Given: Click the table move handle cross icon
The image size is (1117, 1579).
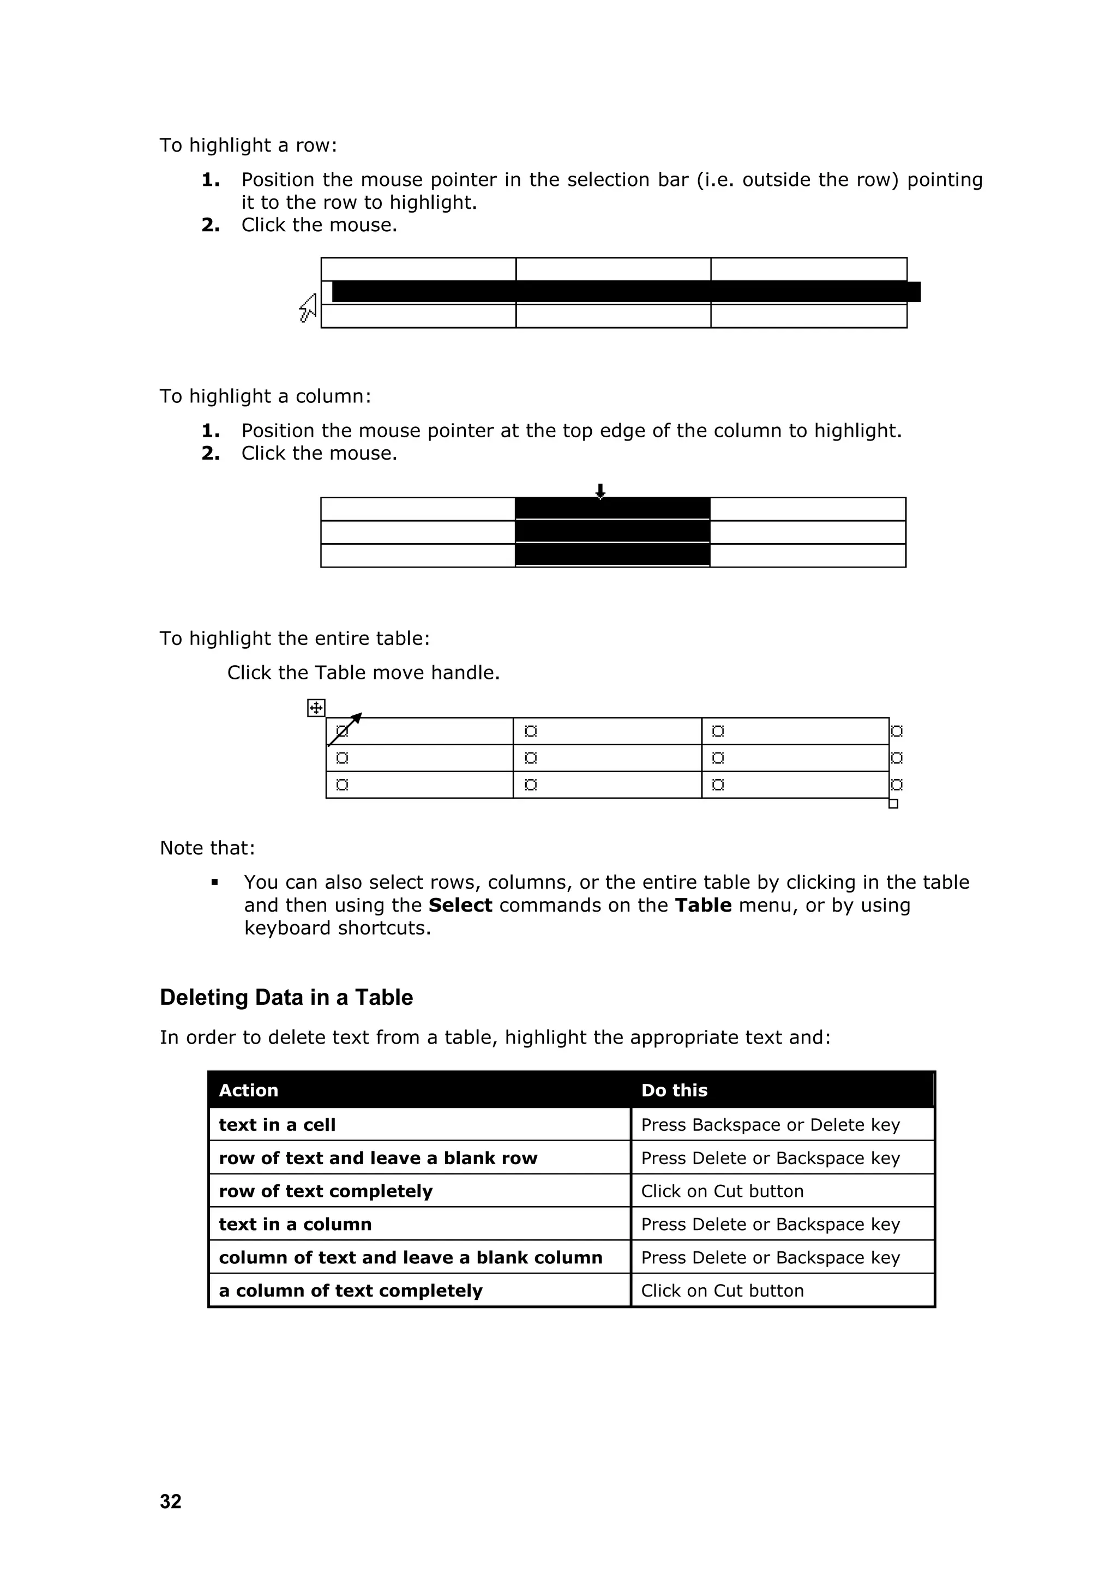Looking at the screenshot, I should (x=316, y=708).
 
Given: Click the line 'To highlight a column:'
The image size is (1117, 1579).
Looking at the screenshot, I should (x=265, y=396).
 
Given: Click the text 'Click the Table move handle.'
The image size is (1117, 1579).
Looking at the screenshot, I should (x=363, y=673).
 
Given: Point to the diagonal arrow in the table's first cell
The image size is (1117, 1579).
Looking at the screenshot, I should (x=345, y=729).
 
